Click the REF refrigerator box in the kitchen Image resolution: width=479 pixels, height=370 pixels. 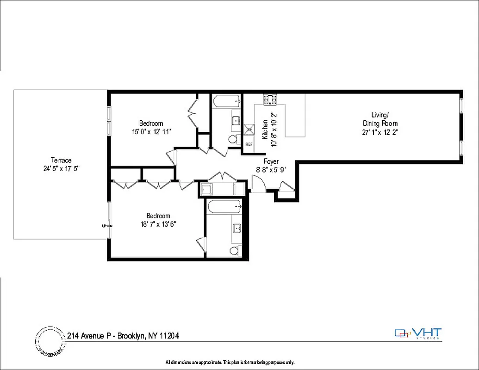coord(249,144)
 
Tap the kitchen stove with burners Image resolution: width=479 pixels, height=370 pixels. coord(270,99)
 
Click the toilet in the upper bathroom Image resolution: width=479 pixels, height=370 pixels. coord(234,139)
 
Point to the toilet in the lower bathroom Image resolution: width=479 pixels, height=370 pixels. coord(235,251)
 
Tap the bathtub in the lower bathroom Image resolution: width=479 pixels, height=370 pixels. coord(224,206)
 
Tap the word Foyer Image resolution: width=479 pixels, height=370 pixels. coord(271,161)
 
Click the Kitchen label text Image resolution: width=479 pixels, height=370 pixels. coord(265,129)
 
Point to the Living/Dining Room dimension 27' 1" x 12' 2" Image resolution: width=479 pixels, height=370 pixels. coord(380,132)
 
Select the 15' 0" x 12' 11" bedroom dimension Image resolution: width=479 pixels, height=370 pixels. coord(151,131)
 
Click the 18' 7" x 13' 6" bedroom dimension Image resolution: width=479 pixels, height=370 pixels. coord(158,224)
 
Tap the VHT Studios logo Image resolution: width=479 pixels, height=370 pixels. coord(418,333)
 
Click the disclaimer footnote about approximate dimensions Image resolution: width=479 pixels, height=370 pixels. coord(230,362)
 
